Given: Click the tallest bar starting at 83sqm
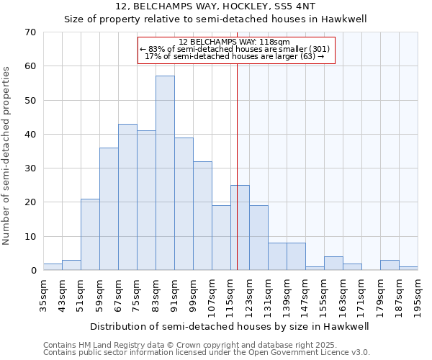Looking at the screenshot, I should click(165, 173).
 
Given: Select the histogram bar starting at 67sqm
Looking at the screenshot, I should click(127, 197).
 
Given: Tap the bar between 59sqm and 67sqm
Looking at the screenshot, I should click(109, 209).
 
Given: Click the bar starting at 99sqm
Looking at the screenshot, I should click(202, 216).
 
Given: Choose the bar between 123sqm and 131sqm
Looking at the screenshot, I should click(258, 238).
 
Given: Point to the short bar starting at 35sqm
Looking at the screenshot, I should click(53, 267).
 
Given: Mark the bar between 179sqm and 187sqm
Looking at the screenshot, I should click(390, 265).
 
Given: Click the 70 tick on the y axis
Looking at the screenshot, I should click(30, 32).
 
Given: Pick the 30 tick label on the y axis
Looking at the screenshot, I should click(30, 168).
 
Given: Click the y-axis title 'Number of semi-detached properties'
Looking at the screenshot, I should click(7, 155).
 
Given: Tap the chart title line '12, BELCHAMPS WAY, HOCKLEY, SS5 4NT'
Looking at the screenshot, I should click(215, 6).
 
